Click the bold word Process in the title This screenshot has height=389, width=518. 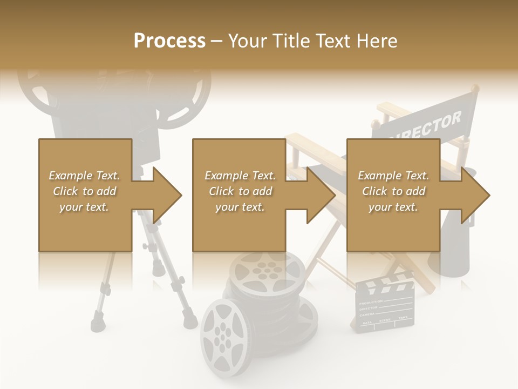(169, 41)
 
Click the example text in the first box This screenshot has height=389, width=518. (84, 191)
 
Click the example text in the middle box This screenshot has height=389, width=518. (240, 191)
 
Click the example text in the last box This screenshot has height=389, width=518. (393, 191)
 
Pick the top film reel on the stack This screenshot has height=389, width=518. (267, 270)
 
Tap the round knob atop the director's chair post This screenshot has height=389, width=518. (473, 88)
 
